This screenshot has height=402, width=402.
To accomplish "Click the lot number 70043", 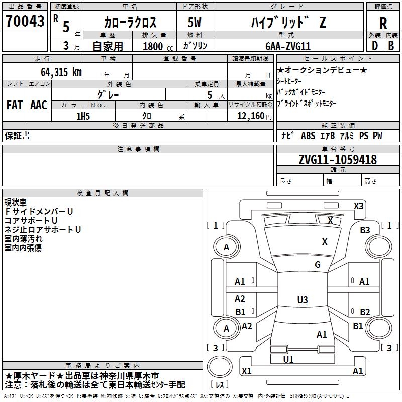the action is tap(25, 21).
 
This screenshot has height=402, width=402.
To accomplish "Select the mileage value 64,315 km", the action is tap(61, 72).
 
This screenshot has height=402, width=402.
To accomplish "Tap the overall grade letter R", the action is tap(383, 23).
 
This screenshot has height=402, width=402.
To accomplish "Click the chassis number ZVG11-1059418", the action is tap(338, 160).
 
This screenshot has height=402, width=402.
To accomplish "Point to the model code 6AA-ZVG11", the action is tap(288, 46).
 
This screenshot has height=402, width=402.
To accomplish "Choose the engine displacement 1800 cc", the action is tap(158, 46).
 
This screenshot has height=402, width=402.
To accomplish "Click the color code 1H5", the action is tap(83, 116).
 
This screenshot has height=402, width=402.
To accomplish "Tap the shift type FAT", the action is tap(15, 105).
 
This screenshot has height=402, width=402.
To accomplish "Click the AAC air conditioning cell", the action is tap(39, 105).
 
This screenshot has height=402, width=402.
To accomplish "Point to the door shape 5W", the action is tap(194, 22).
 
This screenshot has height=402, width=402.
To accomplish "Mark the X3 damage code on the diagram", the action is tap(358, 206).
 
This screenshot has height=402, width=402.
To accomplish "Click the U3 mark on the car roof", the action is tap(303, 299).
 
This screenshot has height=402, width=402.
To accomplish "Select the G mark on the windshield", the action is tap(318, 264).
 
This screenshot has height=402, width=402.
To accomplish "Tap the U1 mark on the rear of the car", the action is tap(288, 359).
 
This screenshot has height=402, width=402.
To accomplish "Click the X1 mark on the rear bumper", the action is tap(246, 371).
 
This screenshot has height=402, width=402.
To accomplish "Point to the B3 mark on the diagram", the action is tap(365, 230).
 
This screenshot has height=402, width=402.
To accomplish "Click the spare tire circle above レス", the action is tap(220, 367).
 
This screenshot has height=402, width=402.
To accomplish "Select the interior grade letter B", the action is tap(391, 46).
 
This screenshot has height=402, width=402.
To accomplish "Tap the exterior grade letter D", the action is tap(375, 46).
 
